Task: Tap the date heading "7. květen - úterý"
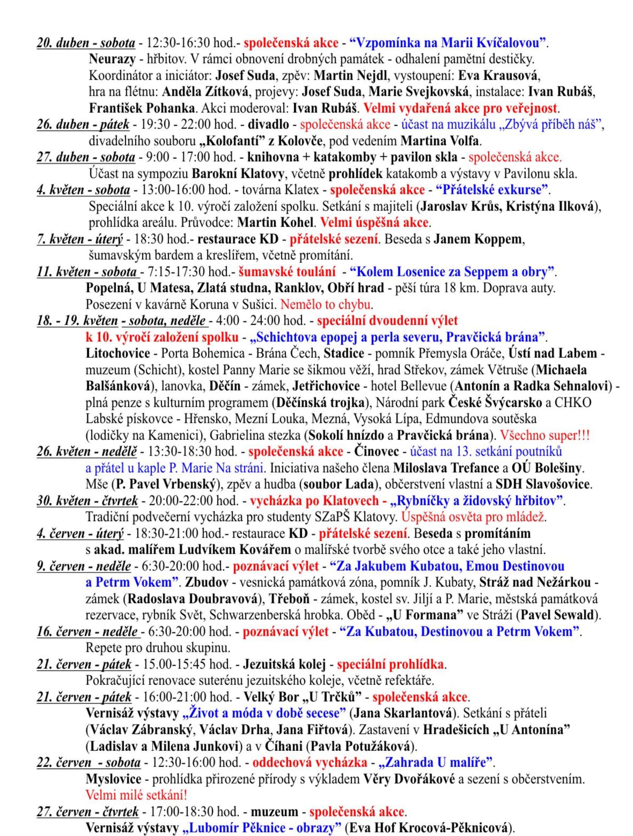click(80, 239)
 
